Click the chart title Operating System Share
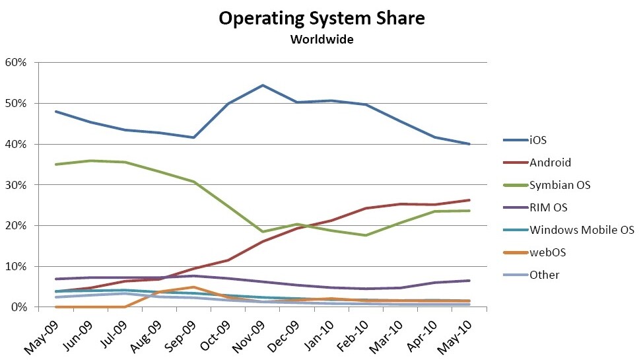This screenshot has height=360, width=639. [x=321, y=18]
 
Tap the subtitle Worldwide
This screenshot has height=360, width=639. [x=321, y=40]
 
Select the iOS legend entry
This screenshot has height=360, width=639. [x=537, y=140]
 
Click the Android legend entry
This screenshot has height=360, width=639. [x=551, y=162]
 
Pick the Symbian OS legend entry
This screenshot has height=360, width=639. [x=560, y=185]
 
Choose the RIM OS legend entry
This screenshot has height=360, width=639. [x=549, y=207]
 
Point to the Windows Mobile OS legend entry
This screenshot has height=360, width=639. [x=582, y=230]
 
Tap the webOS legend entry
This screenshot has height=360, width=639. [x=548, y=252]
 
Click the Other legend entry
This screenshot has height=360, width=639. [x=544, y=275]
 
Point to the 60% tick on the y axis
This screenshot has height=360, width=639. [x=17, y=63]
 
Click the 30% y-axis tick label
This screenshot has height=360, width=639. [x=17, y=185]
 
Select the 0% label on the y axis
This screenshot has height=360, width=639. [x=20, y=307]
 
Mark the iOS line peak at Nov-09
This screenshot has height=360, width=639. [x=263, y=85]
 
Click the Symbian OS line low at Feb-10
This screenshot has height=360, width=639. [x=366, y=235]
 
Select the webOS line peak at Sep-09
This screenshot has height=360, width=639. [x=194, y=287]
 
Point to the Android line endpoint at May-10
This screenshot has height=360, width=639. [x=469, y=200]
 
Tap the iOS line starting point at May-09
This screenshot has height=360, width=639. [x=56, y=112]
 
